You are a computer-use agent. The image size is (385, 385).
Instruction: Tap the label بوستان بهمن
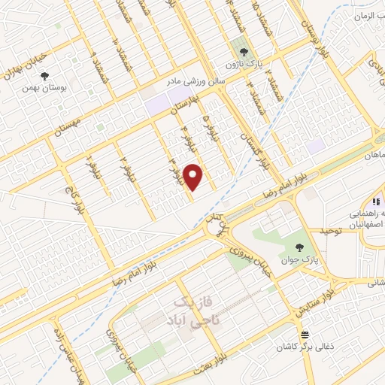pos(45,88)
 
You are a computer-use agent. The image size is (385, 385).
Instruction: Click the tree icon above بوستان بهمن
pos(45,76)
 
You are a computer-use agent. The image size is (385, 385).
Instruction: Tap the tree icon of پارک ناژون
pos(241,43)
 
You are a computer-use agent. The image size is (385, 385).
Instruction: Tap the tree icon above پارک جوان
pos(300,246)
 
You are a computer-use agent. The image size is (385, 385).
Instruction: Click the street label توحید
pos(328,232)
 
